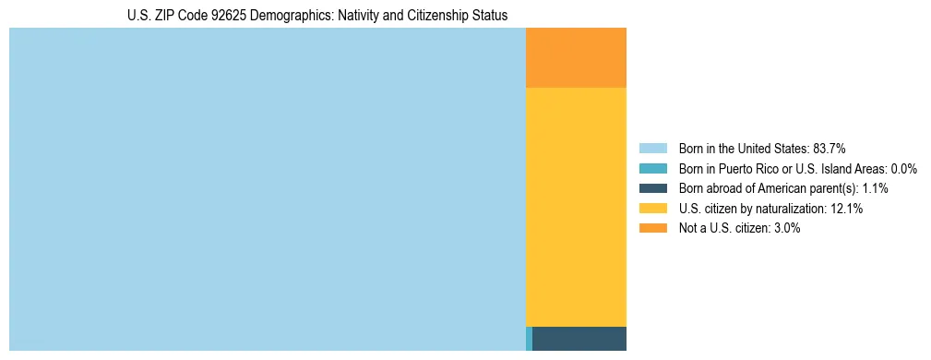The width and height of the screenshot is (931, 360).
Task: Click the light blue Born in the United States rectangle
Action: [267, 189]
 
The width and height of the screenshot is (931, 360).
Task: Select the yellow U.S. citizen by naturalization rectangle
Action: [576, 207]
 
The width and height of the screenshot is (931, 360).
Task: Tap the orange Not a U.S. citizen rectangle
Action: [576, 57]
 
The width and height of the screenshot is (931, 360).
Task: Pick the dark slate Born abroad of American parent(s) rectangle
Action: [579, 339]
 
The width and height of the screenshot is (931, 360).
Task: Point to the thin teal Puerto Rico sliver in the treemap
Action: [529, 339]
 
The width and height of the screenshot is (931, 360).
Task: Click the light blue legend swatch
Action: [653, 149]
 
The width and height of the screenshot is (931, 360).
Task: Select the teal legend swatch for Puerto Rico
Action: [653, 169]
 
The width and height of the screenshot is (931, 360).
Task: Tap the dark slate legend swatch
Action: [653, 188]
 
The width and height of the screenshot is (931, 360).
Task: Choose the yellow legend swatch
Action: [653, 209]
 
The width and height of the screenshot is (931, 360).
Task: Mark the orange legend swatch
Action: [653, 229]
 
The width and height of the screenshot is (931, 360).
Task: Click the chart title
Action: [317, 16]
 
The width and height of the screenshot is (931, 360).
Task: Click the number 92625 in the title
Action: [228, 16]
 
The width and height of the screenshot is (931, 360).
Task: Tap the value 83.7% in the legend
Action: [829, 149]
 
